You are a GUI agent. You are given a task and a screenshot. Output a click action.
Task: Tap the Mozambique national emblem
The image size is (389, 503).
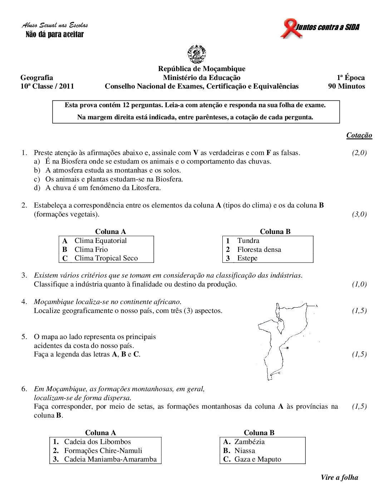tap(197, 54)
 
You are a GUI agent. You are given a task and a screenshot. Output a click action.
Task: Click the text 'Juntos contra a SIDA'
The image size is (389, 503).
tap(328, 27)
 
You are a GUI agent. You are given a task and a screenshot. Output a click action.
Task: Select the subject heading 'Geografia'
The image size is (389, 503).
tap(37, 78)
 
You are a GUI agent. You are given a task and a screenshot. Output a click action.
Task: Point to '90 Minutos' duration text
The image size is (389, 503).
tap(346, 86)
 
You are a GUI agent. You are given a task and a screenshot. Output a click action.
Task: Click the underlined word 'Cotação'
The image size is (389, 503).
tap(359, 135)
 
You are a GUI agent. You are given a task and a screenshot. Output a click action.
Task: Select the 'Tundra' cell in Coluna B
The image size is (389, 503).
tap(248, 241)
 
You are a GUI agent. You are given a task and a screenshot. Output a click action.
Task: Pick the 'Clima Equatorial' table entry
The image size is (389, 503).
tap(100, 241)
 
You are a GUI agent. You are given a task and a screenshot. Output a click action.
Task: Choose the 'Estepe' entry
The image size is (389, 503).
tap(247, 258)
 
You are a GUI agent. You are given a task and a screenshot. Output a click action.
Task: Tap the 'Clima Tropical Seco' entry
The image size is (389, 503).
tap(106, 258)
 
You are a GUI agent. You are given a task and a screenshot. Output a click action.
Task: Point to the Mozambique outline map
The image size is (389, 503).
tap(284, 339)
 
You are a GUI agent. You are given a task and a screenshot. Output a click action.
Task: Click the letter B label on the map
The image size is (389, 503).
tap(288, 348)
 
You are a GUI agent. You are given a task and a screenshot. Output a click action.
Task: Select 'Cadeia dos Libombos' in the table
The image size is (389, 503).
tap(97, 442)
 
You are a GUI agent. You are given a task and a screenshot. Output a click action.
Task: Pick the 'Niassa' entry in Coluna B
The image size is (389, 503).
tap(245, 451)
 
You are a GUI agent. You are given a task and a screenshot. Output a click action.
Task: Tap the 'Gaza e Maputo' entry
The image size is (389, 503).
tap(257, 459)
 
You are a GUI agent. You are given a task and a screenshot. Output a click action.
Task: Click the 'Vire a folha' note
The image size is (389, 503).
tap(339, 478)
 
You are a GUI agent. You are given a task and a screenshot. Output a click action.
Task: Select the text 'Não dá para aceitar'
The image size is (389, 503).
tap(55, 35)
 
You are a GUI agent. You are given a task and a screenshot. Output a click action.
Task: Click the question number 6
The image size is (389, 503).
tap(24, 389)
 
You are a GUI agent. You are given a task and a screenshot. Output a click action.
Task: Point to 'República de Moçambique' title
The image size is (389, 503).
tap(202, 69)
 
